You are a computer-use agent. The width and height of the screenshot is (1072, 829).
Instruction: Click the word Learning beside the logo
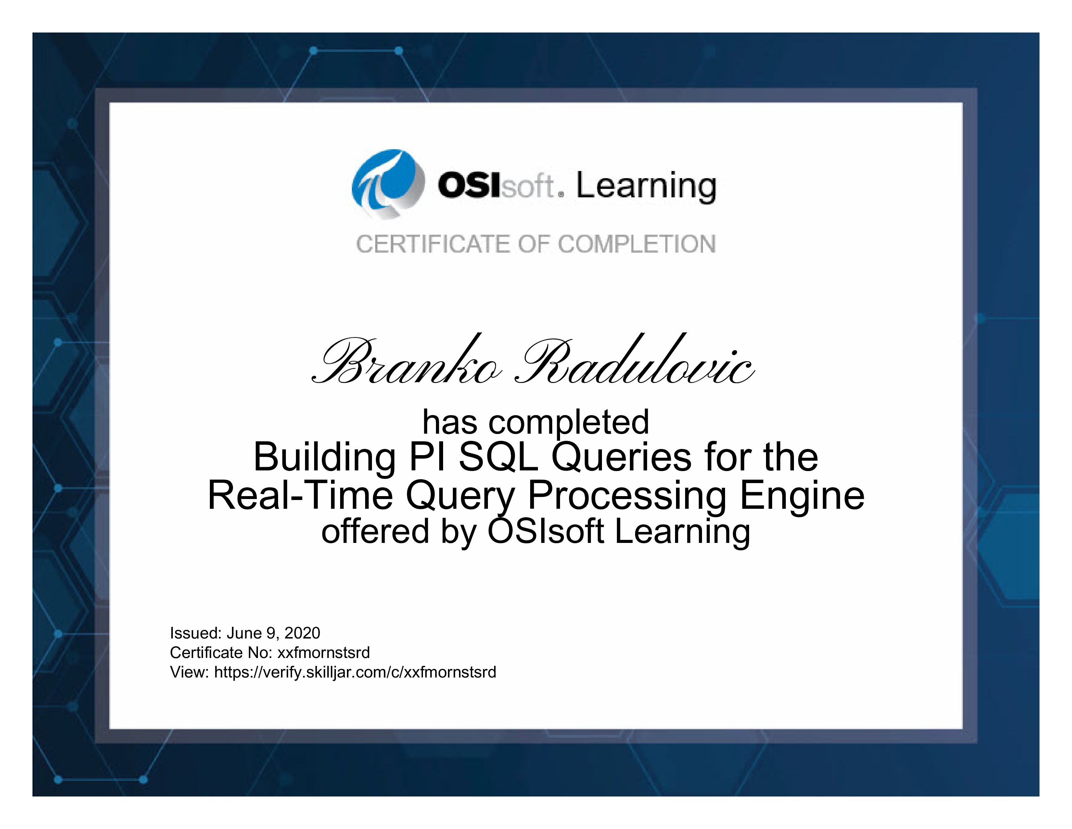coord(646,187)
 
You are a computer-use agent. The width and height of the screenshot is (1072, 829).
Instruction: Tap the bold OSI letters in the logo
coord(469,185)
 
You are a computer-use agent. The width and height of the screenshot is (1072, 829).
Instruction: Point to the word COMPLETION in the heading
coord(637,244)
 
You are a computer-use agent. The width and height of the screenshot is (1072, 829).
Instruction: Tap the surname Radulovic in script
coord(634,359)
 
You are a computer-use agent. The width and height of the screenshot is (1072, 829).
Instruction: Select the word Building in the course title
coord(325,458)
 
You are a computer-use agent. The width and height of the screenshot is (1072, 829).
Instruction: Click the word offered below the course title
coord(376,532)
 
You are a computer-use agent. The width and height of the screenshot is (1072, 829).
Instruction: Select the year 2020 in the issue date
coord(302,633)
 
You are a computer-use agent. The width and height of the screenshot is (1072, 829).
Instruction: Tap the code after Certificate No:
coord(324,653)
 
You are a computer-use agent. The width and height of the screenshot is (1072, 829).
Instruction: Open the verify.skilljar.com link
coord(355,672)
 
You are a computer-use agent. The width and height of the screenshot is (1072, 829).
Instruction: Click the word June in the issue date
coord(244,633)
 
